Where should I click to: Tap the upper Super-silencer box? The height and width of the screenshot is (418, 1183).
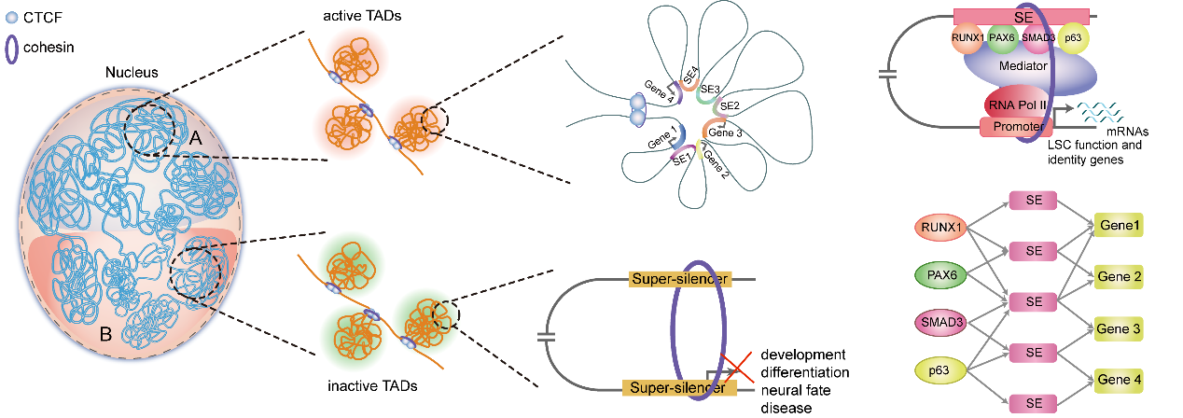(x=679, y=278)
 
